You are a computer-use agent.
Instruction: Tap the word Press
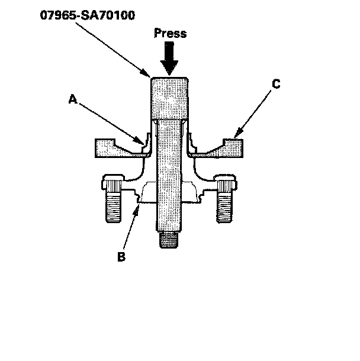[170, 33]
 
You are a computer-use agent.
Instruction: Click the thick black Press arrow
[170, 59]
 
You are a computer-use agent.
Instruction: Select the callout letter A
[73, 100]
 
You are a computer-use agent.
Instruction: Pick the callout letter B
[122, 257]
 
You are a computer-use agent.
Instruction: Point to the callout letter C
[275, 85]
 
